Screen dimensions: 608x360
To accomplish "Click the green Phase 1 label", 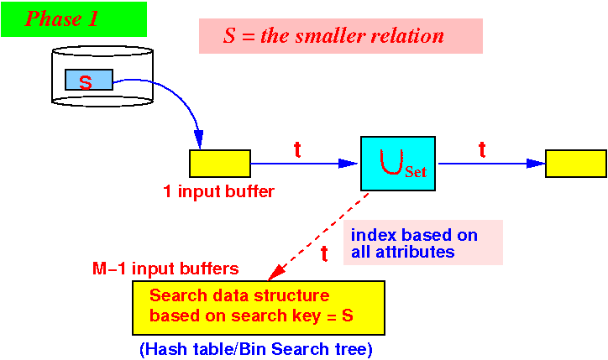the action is click(x=74, y=19).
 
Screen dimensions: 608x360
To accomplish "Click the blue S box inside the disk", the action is click(x=89, y=80).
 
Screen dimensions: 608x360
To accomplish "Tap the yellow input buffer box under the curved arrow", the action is click(x=220, y=164).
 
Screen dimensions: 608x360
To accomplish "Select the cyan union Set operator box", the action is click(x=398, y=164).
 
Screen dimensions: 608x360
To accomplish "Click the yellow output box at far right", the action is click(x=576, y=164).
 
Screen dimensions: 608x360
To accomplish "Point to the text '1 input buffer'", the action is click(x=219, y=191).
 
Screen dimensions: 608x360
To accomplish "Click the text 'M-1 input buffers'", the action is click(x=165, y=269).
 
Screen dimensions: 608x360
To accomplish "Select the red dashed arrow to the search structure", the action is click(x=318, y=236).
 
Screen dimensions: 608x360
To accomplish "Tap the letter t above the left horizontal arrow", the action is click(x=297, y=149).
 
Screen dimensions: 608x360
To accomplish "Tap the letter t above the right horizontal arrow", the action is click(x=482, y=149).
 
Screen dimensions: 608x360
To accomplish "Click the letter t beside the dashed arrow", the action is click(x=324, y=253).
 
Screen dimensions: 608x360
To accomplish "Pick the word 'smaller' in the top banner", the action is click(x=330, y=36).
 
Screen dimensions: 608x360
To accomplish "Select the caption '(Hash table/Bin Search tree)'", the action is click(x=256, y=350).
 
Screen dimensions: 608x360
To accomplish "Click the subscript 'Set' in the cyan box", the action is click(x=416, y=172).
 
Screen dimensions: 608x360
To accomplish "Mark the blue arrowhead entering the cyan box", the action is click(x=348, y=164).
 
